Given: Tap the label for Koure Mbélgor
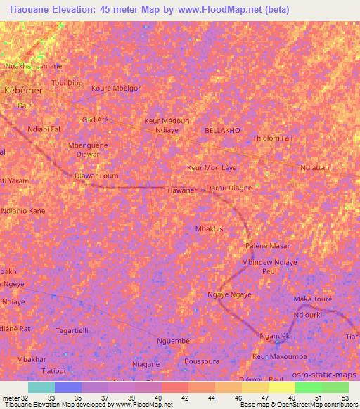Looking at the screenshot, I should [116, 88].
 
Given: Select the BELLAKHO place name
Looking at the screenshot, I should [221, 131].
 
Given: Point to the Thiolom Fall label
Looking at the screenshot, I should [272, 138].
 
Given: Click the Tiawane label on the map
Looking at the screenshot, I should [181, 190].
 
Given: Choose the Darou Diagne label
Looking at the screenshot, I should [229, 188].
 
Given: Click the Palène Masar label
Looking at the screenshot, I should [267, 246].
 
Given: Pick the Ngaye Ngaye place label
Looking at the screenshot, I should [229, 294].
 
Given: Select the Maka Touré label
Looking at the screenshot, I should [312, 299].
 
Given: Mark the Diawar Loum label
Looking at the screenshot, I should [96, 176].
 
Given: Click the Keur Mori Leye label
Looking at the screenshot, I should [212, 168].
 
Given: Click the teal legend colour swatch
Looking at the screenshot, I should [41, 387].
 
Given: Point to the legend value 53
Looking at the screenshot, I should [345, 398].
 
